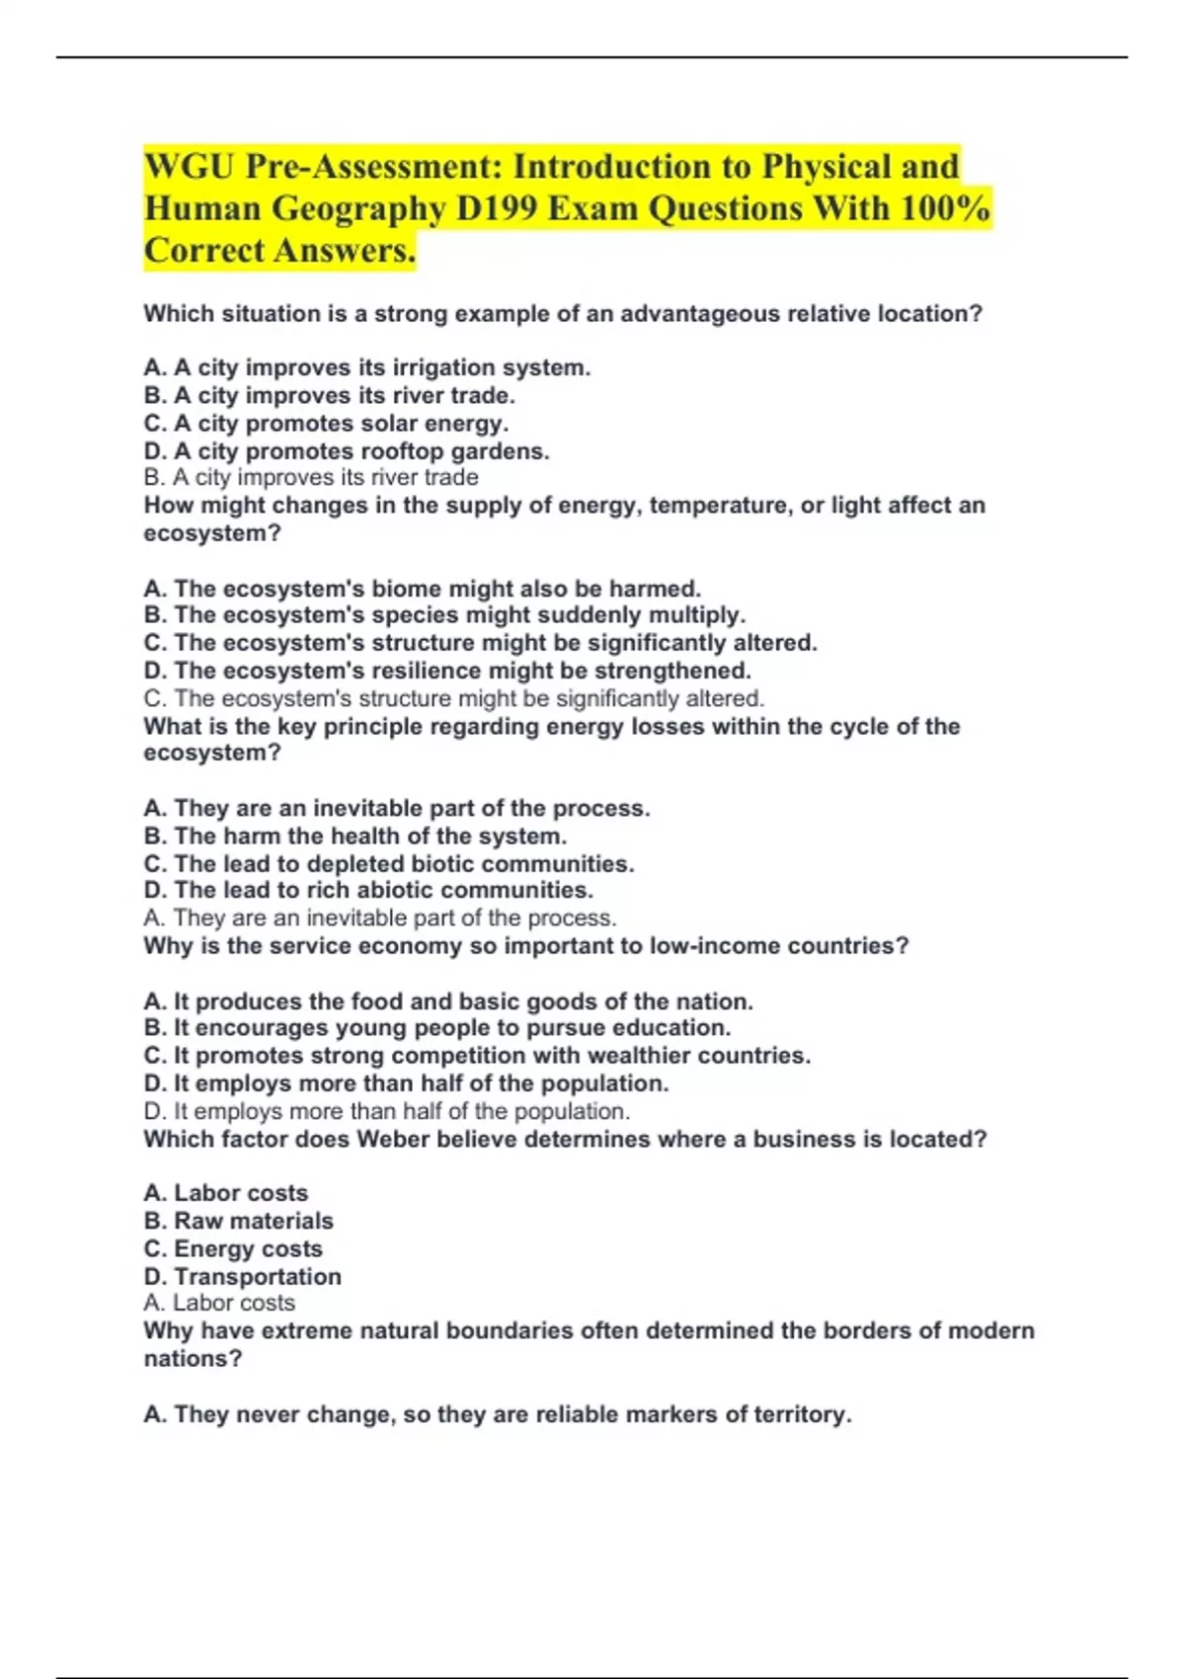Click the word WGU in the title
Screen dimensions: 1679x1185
189,167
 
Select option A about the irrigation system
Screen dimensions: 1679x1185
367,367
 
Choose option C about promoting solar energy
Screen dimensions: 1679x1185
327,424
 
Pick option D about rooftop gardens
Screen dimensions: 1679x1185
347,451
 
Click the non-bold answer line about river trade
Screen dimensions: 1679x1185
311,478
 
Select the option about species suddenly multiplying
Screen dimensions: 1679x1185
444,615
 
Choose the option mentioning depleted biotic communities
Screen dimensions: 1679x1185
389,864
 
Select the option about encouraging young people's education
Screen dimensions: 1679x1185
437,1028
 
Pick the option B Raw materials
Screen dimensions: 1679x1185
239,1221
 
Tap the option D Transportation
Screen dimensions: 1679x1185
243,1277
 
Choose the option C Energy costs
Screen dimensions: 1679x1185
234,1249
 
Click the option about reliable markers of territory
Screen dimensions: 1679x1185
498,1415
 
